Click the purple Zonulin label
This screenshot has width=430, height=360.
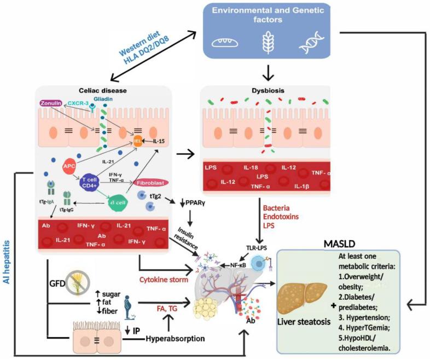pos(51,103)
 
